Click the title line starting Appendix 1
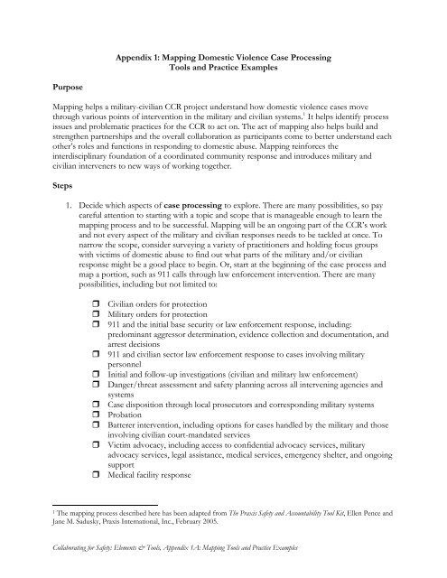[223, 58]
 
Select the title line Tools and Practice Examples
[223, 70]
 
